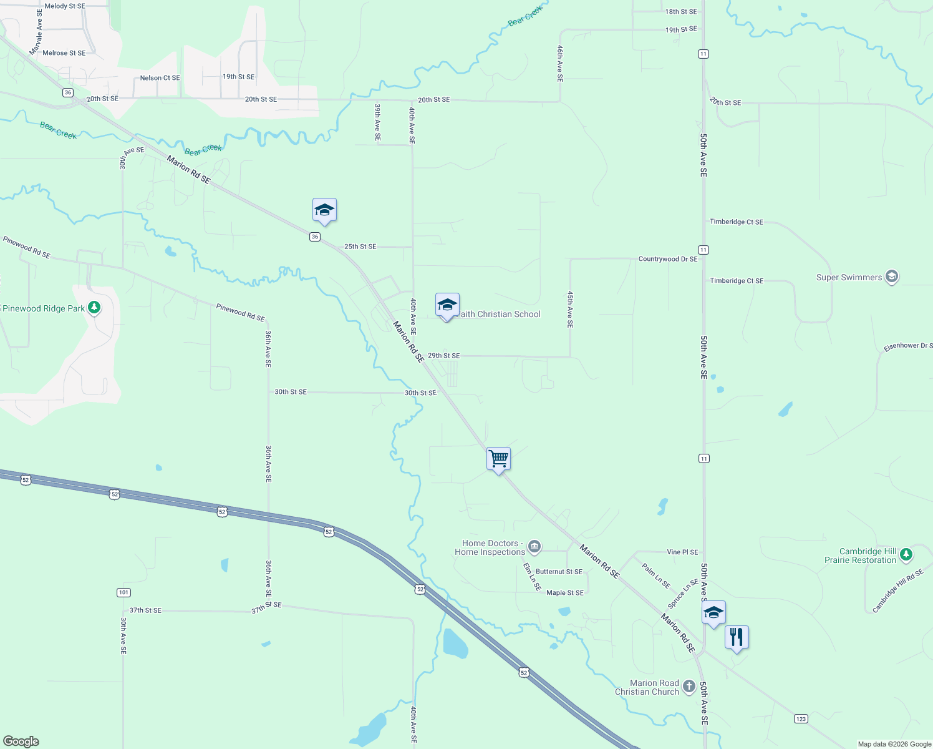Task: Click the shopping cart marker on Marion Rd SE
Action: [498, 459]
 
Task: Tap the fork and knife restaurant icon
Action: [737, 638]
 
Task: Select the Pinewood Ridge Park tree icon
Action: [94, 308]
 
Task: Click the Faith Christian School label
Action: [499, 315]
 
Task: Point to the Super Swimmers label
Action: [849, 277]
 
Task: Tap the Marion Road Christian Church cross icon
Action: [689, 687]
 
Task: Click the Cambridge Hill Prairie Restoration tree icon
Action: [906, 554]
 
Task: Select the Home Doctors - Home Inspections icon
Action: [534, 547]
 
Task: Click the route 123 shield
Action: [801, 718]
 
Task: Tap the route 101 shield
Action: [123, 592]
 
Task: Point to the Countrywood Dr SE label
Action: [668, 259]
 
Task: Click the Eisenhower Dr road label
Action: [907, 346]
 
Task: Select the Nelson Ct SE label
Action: [160, 78]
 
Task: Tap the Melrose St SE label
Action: [64, 53]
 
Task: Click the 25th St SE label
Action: [360, 247]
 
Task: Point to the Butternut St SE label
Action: [559, 572]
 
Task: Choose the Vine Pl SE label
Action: [682, 552]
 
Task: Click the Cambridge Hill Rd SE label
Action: [897, 590]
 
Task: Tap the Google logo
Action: [21, 742]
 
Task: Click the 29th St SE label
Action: [443, 356]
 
